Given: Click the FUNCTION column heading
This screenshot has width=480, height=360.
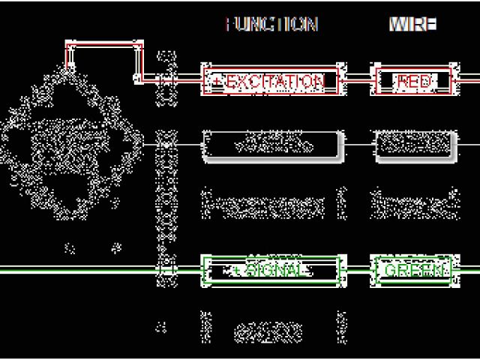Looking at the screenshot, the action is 271,24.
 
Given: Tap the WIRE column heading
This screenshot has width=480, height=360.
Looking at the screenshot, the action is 412,24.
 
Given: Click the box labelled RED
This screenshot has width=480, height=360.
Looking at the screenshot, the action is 414,81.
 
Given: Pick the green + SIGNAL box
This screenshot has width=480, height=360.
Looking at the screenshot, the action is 271,269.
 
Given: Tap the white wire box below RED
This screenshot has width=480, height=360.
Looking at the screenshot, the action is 415,143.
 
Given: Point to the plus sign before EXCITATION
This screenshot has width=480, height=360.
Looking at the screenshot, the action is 217,81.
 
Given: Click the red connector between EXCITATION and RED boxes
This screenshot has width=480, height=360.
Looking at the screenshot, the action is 358,78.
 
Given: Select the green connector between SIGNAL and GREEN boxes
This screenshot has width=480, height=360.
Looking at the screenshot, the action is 357,269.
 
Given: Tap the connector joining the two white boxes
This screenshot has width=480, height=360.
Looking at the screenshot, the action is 358,142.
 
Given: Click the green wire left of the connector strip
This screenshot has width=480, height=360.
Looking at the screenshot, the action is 75,269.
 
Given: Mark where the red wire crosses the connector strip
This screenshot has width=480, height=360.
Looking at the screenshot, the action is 166,78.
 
